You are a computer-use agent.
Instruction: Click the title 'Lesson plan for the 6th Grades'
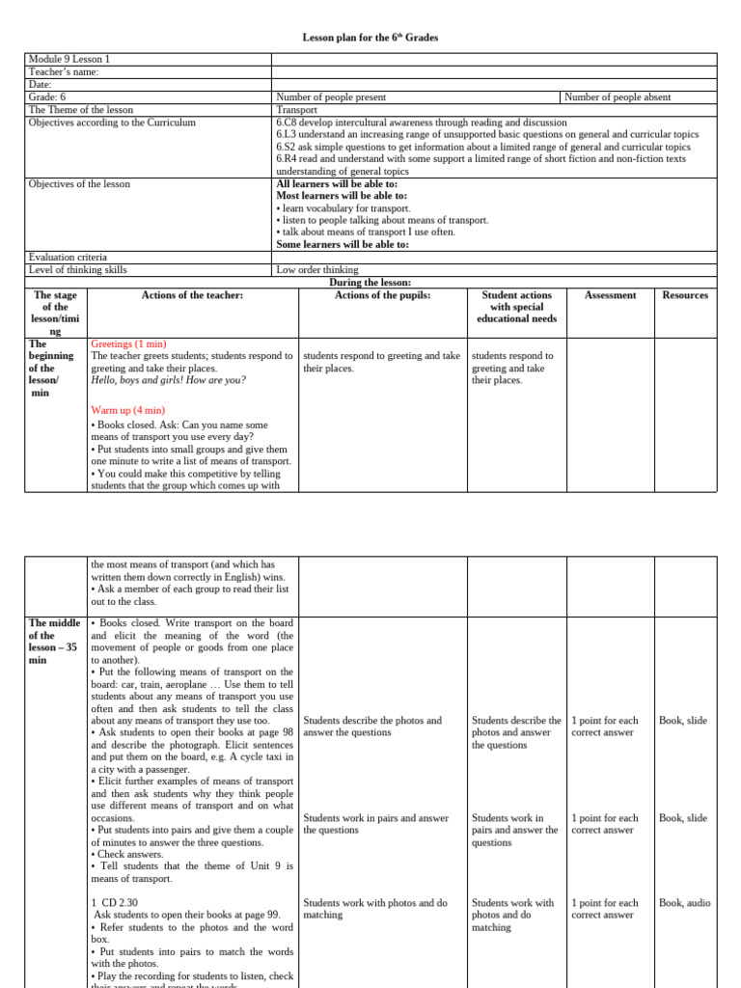pos(370,38)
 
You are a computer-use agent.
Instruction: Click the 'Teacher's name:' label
pos(64,71)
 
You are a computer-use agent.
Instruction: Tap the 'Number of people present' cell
pos(331,96)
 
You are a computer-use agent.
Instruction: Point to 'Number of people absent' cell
pos(617,96)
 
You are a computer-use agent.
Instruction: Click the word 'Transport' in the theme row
pos(297,110)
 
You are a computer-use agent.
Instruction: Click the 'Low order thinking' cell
pos(317,270)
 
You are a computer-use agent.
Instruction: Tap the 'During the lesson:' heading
pos(370,282)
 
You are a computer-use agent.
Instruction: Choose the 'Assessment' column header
pos(610,295)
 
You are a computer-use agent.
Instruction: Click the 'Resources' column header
pos(685,295)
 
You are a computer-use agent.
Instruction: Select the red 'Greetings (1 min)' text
pos(128,343)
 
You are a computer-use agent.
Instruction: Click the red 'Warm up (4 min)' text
pos(125,410)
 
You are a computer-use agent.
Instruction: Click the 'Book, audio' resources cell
pos(684,903)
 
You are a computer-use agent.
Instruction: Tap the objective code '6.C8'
pos(287,123)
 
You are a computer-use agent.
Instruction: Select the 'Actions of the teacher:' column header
pos(192,295)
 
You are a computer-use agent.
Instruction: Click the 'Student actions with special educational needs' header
pos(516,307)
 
